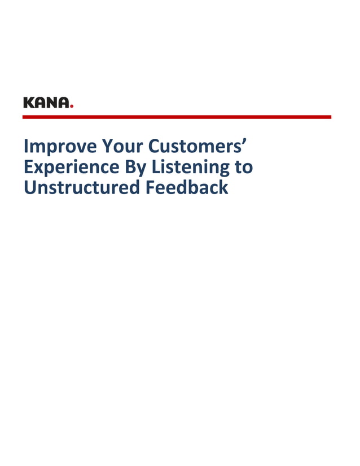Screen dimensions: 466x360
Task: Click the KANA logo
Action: tap(48, 103)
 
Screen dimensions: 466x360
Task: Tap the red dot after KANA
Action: tap(72, 106)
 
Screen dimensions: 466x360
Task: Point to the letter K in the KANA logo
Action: tap(29, 103)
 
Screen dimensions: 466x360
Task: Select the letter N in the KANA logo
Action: tap(54, 103)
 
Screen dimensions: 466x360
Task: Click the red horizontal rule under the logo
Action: tap(177, 117)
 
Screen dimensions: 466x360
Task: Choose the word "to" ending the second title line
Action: tap(244, 167)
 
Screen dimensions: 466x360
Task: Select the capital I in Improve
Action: tap(26, 147)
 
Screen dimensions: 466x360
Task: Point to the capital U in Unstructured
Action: tap(29, 187)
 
